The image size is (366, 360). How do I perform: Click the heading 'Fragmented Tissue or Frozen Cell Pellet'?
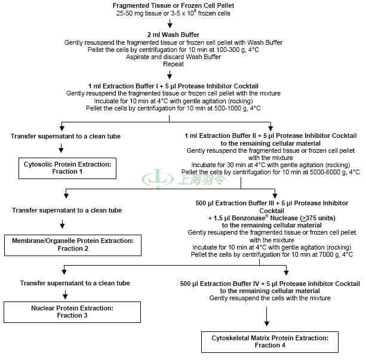point(173,5)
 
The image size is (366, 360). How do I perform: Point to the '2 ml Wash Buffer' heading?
point(173,35)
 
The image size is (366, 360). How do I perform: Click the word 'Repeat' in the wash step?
point(173,64)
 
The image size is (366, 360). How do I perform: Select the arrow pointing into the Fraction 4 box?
point(266,316)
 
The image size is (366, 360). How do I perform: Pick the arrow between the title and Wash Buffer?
point(170,23)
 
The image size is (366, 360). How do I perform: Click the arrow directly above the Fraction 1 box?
point(61,148)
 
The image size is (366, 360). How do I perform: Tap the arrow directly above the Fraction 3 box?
point(65,295)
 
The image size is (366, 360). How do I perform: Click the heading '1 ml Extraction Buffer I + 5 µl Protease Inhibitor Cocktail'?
point(173,86)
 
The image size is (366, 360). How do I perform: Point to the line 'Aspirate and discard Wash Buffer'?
point(173,57)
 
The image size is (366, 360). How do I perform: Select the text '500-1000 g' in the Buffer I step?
point(230,108)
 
